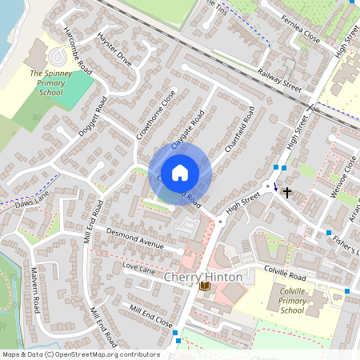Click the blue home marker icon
click(x=180, y=172)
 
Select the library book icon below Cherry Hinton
click(x=205, y=286)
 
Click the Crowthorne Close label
click(x=156, y=115)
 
